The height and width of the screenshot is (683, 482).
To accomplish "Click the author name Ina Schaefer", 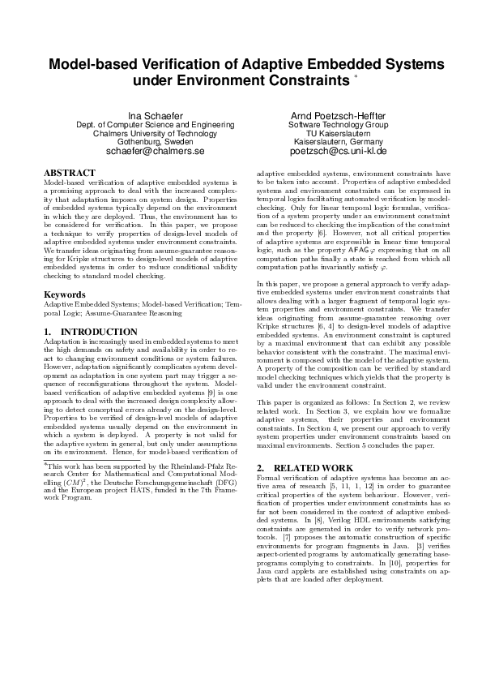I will tap(155, 116).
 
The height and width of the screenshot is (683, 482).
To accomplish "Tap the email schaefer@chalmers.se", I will tap(155, 151).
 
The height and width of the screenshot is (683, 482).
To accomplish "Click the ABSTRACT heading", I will tap(69, 173).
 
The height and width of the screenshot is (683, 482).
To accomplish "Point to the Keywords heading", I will tap(65, 294).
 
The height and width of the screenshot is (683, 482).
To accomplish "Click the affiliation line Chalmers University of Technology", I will tap(155, 133).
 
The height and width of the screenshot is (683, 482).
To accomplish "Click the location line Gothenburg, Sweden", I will tap(155, 142).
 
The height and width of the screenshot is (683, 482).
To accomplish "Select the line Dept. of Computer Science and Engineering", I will tap(155, 125).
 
